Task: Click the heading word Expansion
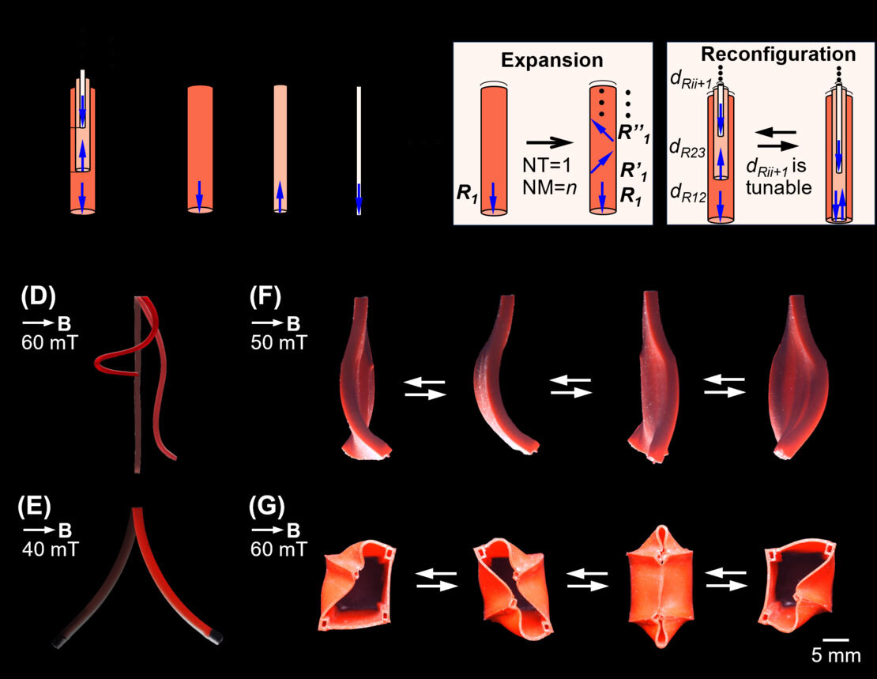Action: point(552,61)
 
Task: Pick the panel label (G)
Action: point(268,506)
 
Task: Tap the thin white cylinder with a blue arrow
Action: point(359,150)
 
